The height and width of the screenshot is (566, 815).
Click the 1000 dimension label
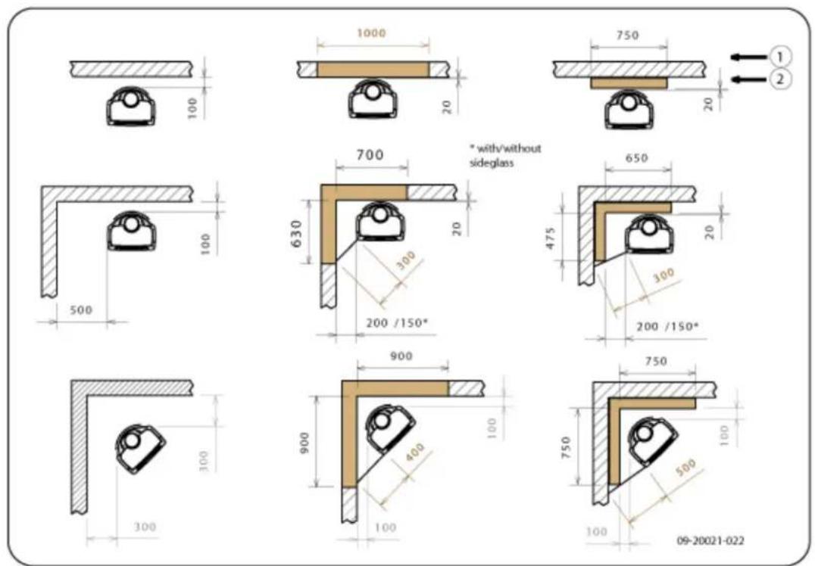373,33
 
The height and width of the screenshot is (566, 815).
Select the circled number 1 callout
779,55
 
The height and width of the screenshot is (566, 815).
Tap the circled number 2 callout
779,79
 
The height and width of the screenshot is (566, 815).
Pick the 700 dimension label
370,155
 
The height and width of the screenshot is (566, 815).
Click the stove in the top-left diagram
130,106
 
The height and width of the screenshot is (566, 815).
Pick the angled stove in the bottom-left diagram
140,446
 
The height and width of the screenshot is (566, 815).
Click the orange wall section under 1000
373,70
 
